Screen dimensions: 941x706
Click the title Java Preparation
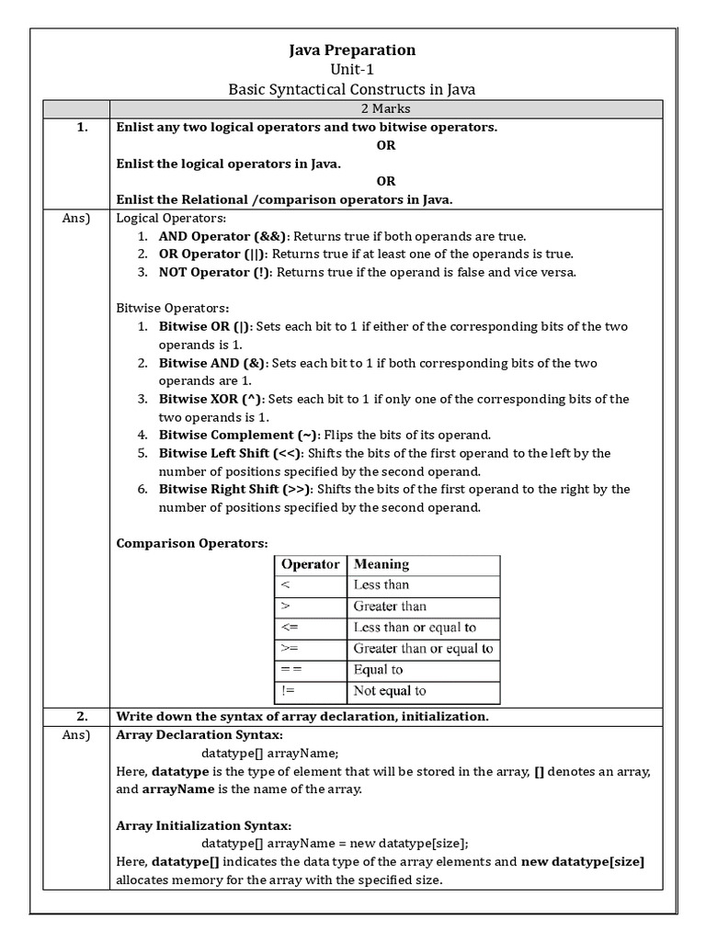[x=353, y=51]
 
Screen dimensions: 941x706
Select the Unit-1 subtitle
[x=353, y=70]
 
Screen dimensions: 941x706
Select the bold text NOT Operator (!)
[x=215, y=272]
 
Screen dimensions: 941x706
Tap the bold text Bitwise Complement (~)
[x=239, y=435]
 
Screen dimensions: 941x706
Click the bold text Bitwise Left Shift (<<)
[x=231, y=453]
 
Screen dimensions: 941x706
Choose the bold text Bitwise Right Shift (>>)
[x=236, y=489]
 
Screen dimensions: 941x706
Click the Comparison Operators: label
[x=192, y=543]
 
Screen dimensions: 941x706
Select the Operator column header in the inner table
[x=310, y=564]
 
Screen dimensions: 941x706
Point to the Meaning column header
[x=381, y=564]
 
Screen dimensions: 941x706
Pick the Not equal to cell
[x=390, y=691]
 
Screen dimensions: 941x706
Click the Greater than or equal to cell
[x=423, y=649]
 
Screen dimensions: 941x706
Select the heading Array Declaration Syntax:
[x=199, y=735]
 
